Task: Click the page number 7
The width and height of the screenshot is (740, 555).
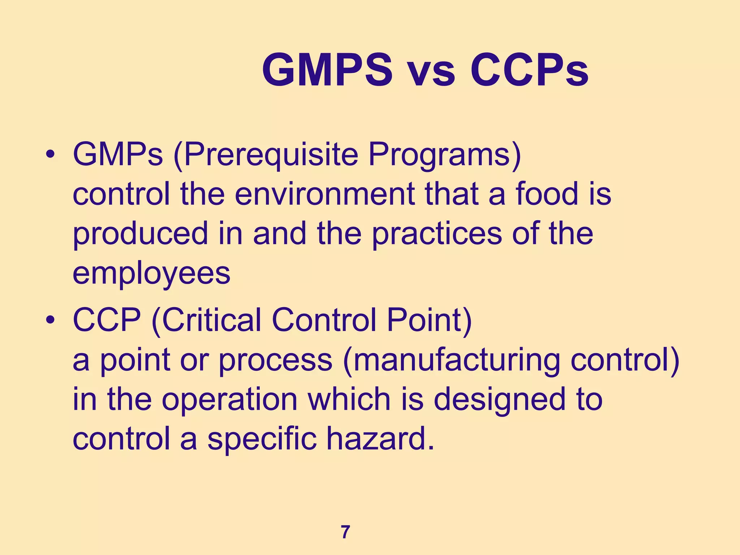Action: click(x=345, y=532)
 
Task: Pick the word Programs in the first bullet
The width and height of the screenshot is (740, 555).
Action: click(x=444, y=155)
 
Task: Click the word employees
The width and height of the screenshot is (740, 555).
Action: click(x=151, y=274)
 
